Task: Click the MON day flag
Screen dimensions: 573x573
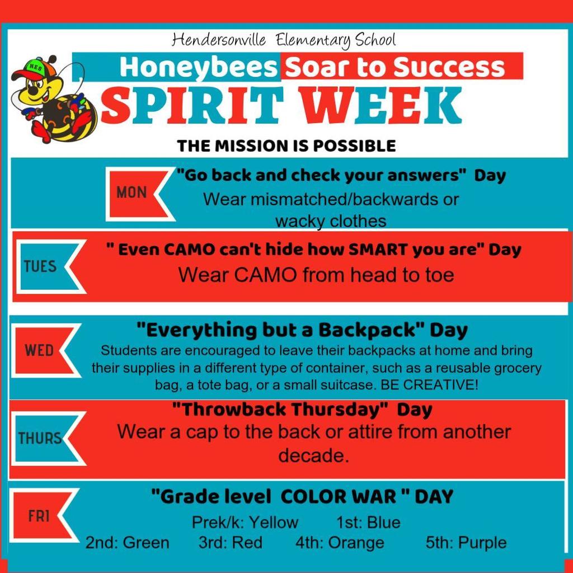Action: point(133,193)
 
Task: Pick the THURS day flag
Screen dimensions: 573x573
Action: point(41,438)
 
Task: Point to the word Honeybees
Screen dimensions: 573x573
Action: point(199,68)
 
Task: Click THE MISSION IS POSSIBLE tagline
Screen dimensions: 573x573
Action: point(286,146)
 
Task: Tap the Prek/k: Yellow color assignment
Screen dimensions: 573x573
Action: point(245,523)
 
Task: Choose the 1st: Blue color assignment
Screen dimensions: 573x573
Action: point(368,523)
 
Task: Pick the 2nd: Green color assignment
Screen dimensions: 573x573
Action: point(127,543)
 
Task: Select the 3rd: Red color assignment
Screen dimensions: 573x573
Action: point(230,543)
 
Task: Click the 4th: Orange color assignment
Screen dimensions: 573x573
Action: point(340,543)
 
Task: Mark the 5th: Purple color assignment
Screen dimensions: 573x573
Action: point(466,543)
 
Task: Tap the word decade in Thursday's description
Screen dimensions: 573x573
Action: point(313,455)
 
